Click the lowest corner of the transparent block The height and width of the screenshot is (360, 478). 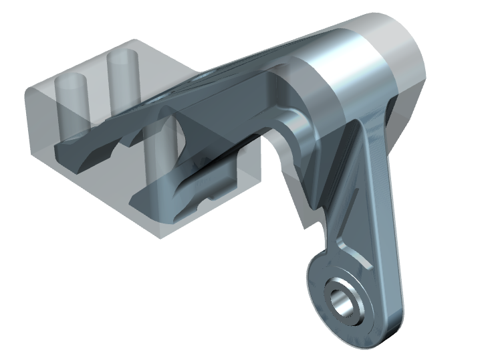(x=158, y=236)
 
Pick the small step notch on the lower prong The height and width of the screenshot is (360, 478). (x=211, y=198)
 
